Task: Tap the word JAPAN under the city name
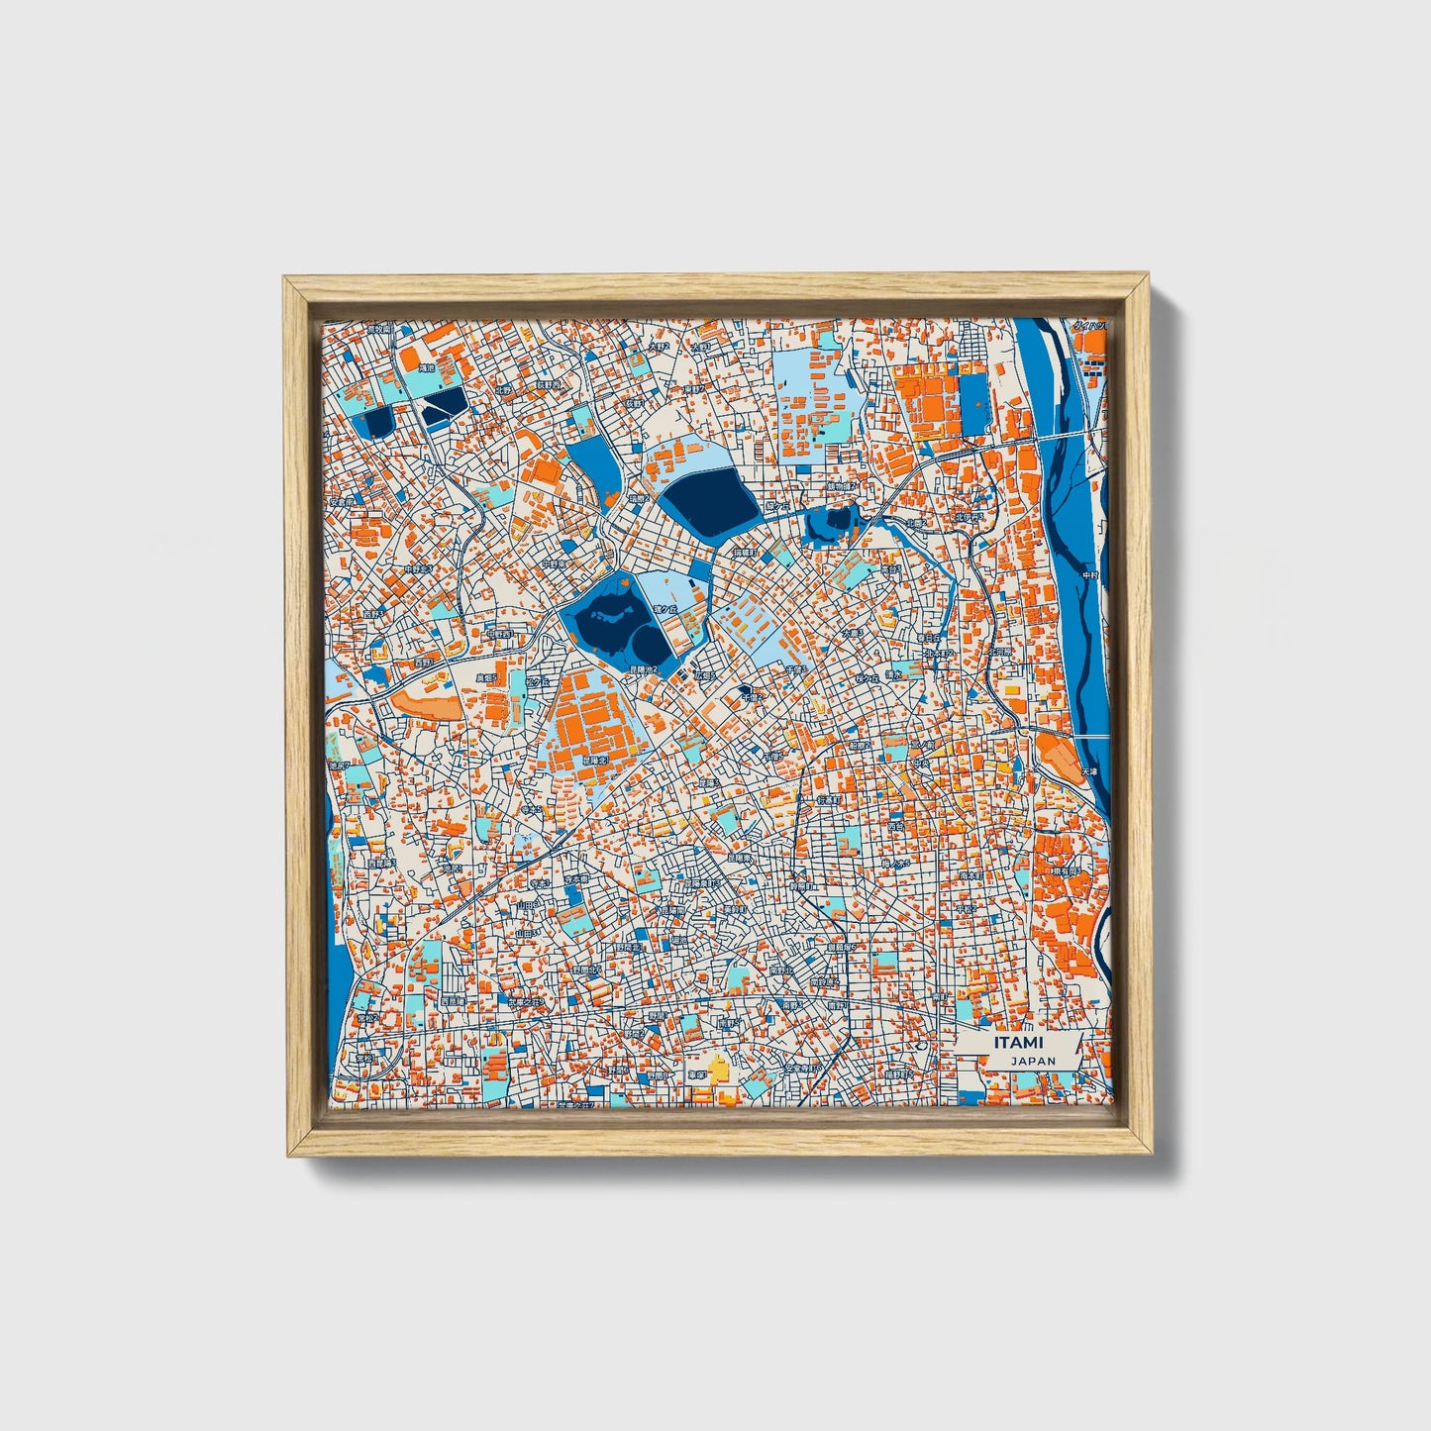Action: (x=1033, y=1061)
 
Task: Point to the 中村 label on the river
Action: (x=1089, y=574)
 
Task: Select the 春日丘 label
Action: (x=664, y=608)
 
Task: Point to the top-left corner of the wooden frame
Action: (x=287, y=281)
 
